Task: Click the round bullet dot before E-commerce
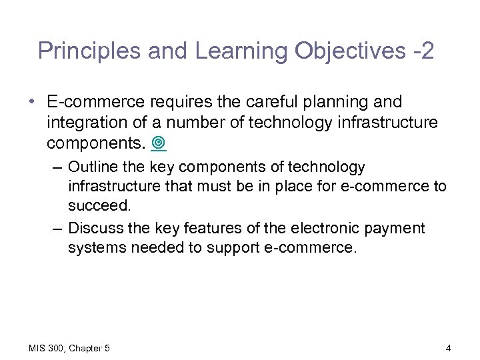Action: (x=33, y=102)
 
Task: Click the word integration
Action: (x=87, y=123)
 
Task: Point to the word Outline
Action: (x=93, y=167)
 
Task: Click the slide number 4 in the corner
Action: (x=448, y=348)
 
